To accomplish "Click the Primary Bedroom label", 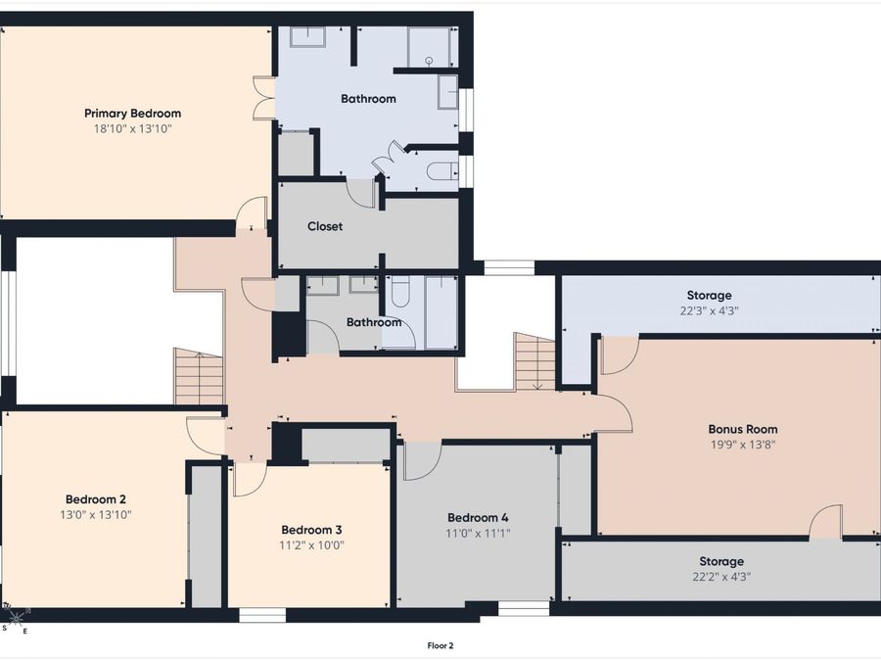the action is click(x=132, y=114).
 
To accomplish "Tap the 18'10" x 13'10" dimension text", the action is click(x=132, y=128).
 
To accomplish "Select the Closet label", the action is click(x=325, y=226).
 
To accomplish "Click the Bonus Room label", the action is click(x=743, y=430).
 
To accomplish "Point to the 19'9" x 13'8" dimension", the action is click(x=743, y=445).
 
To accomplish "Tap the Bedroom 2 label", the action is click(x=96, y=499).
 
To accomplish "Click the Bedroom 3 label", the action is click(x=311, y=530).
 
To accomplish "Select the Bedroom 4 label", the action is click(x=478, y=518).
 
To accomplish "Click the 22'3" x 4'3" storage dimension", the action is click(x=709, y=310).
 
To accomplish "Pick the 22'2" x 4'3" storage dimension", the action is click(x=721, y=576).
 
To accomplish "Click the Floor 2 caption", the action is click(x=440, y=646).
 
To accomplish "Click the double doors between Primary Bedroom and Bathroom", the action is click(x=264, y=98).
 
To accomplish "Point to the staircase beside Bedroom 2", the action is click(x=199, y=377).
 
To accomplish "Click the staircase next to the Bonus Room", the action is click(x=534, y=361).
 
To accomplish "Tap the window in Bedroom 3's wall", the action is click(x=262, y=616).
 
